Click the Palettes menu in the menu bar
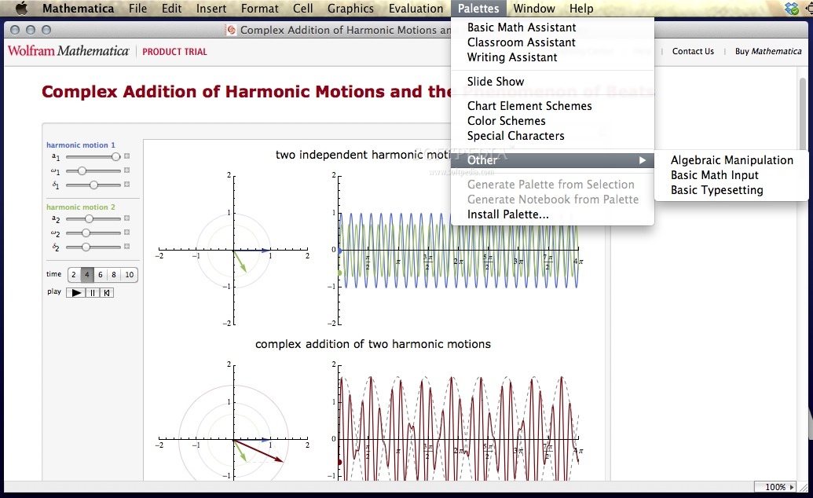[478, 9]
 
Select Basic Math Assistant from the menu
[521, 27]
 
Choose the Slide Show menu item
[495, 82]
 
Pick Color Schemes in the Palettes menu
[506, 121]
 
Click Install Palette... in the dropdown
[507, 214]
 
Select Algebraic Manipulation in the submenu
[731, 160]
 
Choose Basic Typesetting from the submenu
[716, 190]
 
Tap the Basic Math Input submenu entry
[714, 175]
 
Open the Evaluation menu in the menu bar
[416, 9]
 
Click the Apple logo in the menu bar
[21, 9]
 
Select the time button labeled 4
[87, 275]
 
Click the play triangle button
[75, 292]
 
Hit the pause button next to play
[92, 292]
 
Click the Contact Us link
[693, 51]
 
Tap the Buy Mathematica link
[767, 51]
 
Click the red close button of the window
[16, 30]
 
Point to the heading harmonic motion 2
[80, 207]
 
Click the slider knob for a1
[115, 156]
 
